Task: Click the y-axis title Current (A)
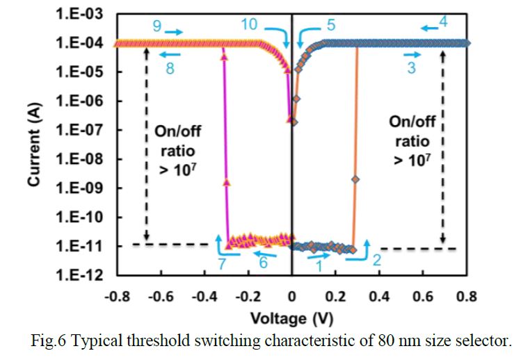pyautogui.click(x=33, y=145)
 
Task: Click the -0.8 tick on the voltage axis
pyautogui.click(x=115, y=297)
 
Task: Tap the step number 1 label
pyautogui.click(x=319, y=264)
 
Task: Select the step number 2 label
pyautogui.click(x=376, y=261)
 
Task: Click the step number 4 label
pyautogui.click(x=443, y=24)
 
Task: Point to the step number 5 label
pyautogui.click(x=331, y=26)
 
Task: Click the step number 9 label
pyautogui.click(x=157, y=26)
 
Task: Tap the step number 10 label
pyautogui.click(x=249, y=24)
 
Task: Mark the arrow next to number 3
pyautogui.click(x=412, y=53)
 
